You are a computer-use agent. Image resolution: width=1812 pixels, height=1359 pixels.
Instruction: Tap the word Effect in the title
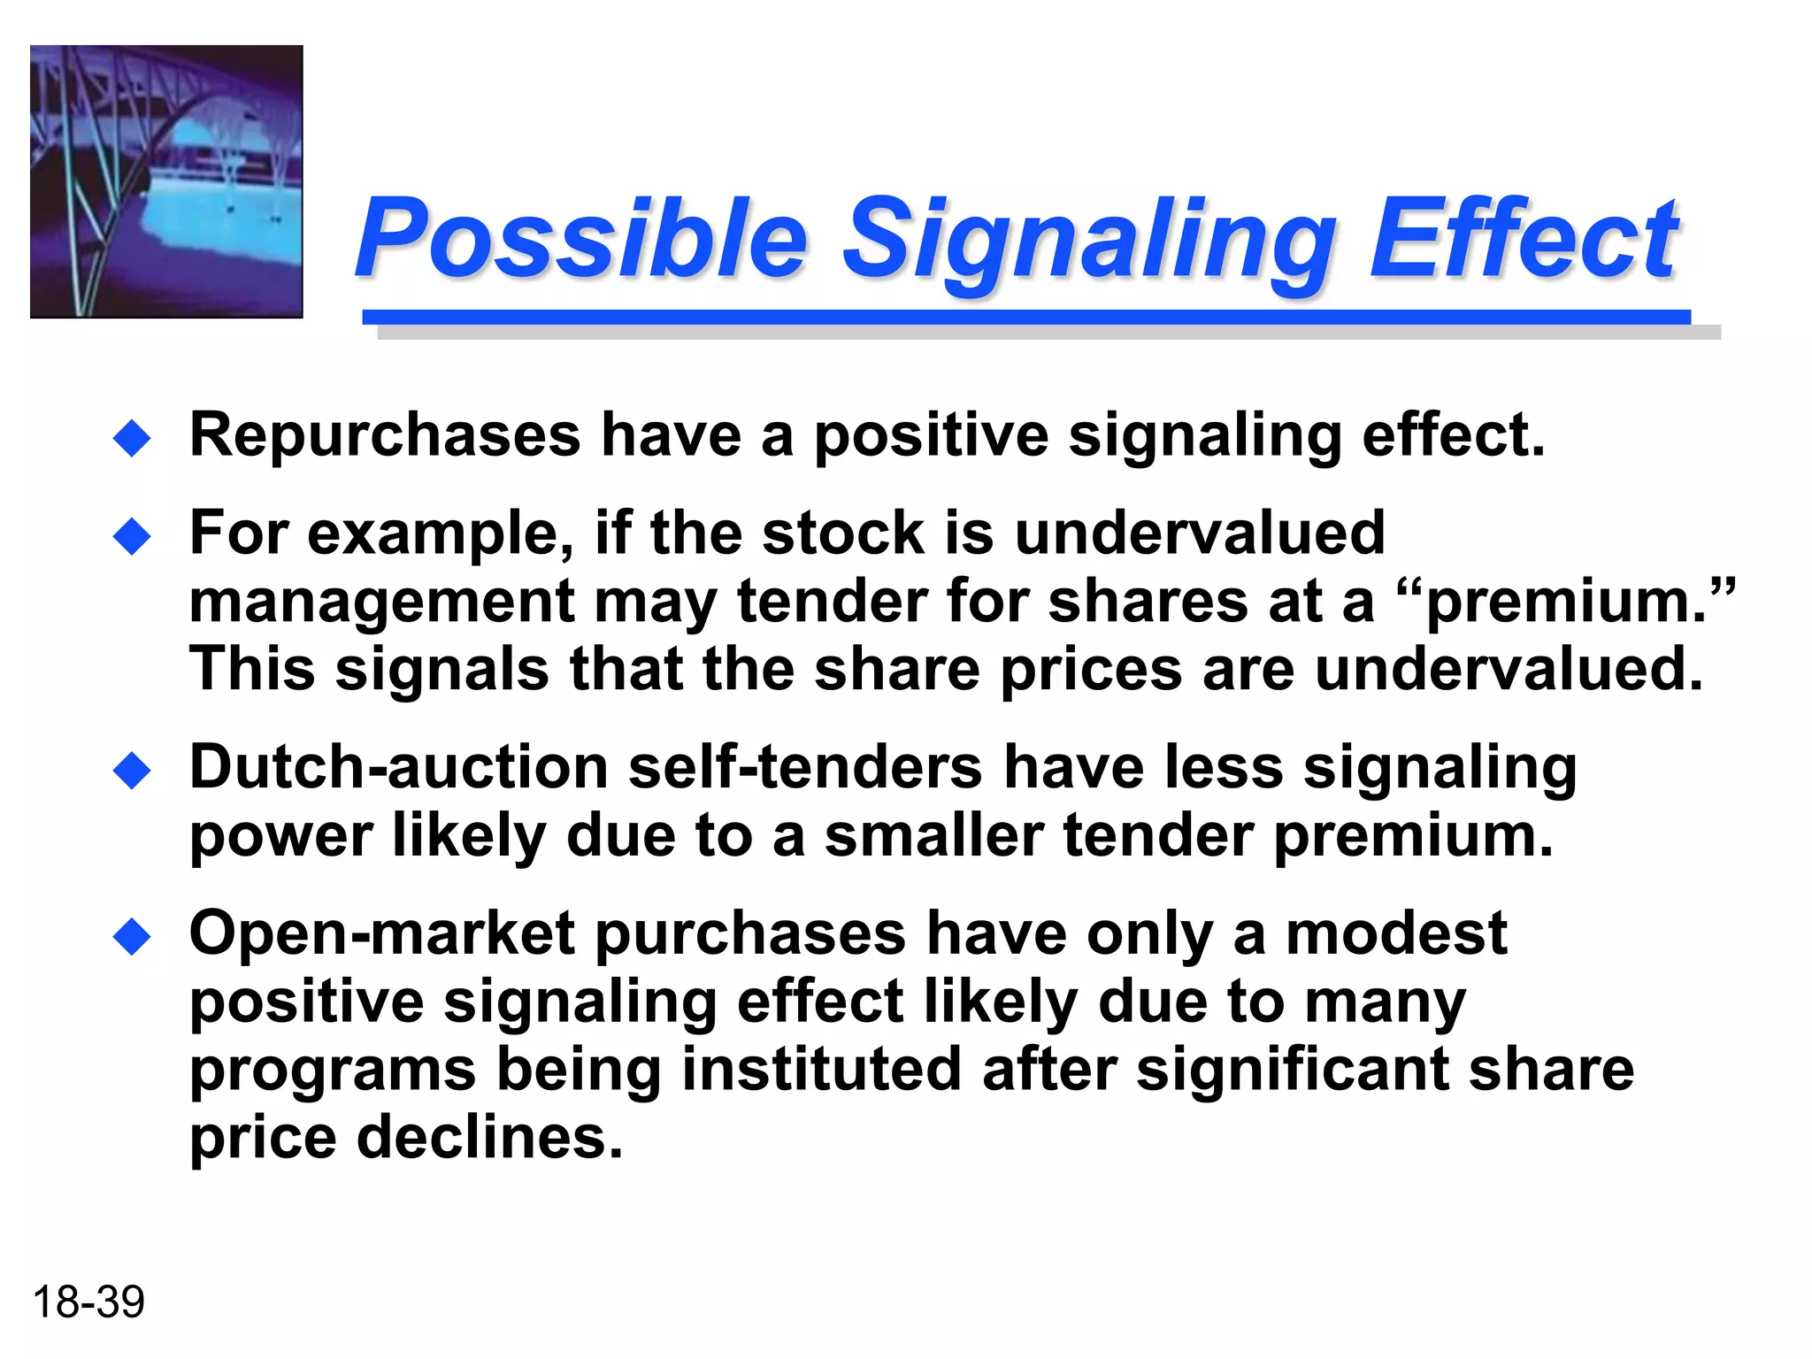coord(1524,237)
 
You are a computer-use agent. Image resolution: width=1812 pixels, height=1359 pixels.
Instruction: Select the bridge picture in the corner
coord(166,181)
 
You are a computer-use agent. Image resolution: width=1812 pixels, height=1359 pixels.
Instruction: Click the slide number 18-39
coord(88,1301)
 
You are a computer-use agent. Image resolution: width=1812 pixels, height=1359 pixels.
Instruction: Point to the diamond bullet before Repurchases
coord(133,438)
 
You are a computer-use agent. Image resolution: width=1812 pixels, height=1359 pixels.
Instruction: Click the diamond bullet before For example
coord(133,536)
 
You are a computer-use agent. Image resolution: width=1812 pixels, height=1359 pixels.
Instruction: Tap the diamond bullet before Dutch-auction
coord(133,770)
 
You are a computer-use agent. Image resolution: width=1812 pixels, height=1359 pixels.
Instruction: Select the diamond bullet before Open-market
coord(133,937)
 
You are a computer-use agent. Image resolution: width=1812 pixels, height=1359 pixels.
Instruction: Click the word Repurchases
coord(385,435)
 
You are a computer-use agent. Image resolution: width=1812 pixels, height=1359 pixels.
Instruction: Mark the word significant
coord(1292,1069)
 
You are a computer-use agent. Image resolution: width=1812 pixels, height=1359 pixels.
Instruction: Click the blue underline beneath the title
coord(1026,317)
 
